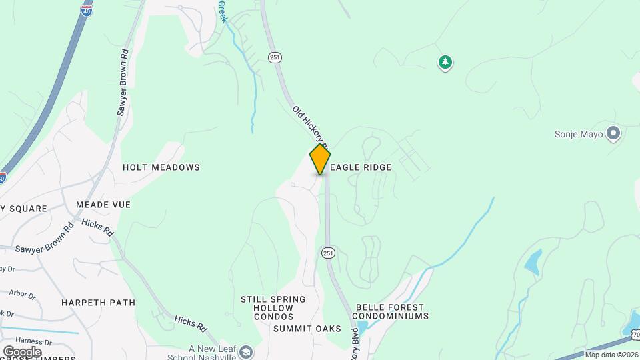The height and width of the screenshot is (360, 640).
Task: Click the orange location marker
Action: click(320, 159)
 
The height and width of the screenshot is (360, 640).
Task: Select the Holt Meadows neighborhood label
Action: click(161, 168)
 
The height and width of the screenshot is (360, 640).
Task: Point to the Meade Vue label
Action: click(103, 205)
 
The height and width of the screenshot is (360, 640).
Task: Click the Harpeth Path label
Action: click(99, 303)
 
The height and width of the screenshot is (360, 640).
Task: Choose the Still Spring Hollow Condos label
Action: click(273, 308)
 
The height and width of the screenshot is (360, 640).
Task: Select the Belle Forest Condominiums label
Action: click(390, 311)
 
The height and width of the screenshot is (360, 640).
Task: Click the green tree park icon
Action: click(445, 63)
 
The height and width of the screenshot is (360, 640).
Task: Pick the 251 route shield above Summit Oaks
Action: click(327, 253)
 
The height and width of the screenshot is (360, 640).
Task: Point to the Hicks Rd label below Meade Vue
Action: click(98, 227)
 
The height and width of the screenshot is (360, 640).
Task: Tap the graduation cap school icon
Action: click(246, 351)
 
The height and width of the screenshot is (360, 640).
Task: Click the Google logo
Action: click(22, 351)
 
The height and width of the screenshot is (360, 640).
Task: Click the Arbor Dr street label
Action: click(22, 293)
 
